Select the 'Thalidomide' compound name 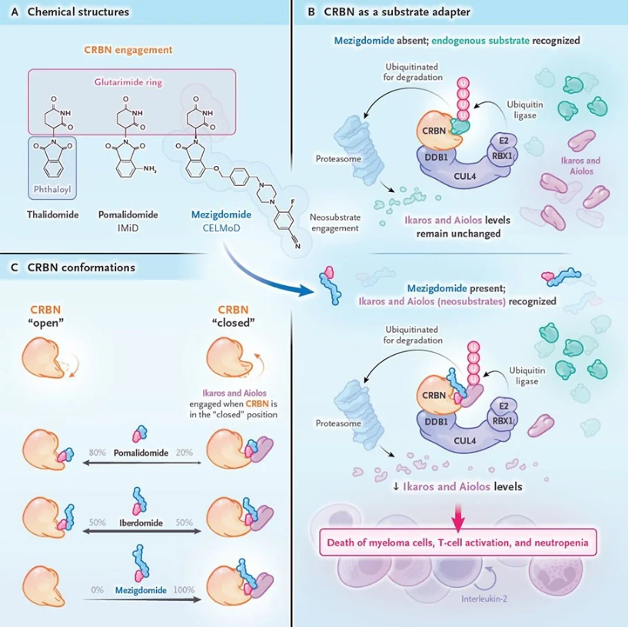53,215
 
